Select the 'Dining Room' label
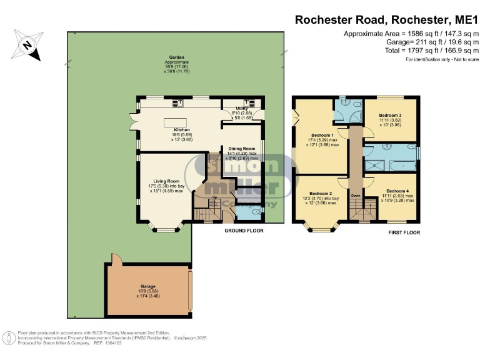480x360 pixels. (241, 148)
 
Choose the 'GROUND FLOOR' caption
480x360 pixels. (244, 231)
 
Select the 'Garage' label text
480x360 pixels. (148, 286)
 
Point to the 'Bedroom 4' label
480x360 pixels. (397, 191)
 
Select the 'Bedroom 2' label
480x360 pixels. (321, 193)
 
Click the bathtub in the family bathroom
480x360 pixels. (401, 165)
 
